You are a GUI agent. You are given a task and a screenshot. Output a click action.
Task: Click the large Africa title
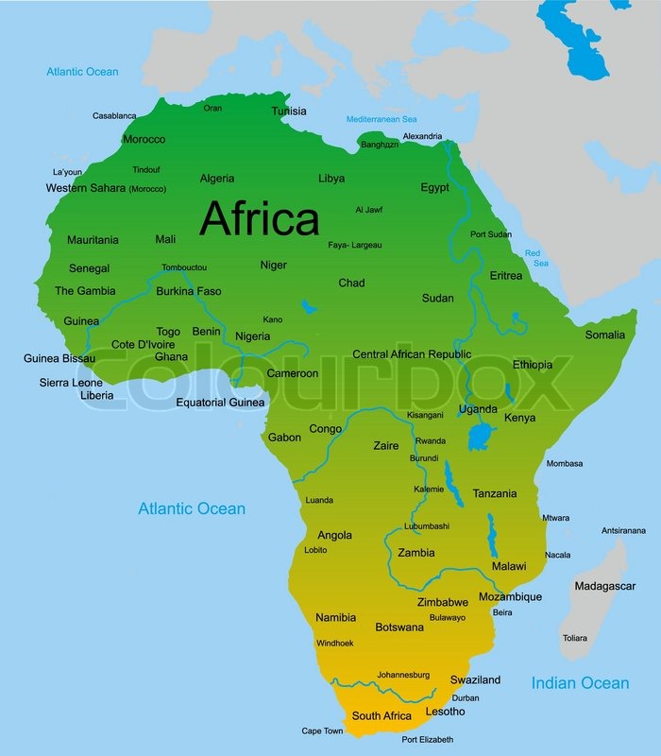pos(260,219)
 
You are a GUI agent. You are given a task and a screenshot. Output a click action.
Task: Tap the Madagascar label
pos(604,586)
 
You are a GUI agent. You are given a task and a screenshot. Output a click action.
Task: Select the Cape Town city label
pos(322,730)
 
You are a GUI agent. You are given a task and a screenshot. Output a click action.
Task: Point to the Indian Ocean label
pos(579,682)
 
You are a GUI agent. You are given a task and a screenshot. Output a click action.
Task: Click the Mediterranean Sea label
pos(381,119)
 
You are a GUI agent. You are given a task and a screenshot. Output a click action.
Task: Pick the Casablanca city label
pos(114,116)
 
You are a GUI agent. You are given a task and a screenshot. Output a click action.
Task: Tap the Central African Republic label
pos(411,354)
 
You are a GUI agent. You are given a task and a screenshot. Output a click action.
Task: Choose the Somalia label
pos(604,335)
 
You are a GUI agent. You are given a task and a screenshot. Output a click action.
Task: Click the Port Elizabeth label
pos(427,739)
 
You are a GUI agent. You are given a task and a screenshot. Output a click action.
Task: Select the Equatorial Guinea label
pos(221,403)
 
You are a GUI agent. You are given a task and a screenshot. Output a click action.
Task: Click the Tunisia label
pos(289,111)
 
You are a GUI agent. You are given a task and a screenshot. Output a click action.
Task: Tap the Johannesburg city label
pos(403,675)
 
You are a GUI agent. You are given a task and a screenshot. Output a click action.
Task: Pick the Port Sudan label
pos(490,233)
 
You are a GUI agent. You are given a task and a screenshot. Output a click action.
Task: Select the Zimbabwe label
pos(442,602)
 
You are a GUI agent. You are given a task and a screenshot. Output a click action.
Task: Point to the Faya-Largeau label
pos(355,245)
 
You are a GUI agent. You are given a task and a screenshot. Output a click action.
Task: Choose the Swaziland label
pos(475,679)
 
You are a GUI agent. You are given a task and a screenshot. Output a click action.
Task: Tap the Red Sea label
pos(535,257)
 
